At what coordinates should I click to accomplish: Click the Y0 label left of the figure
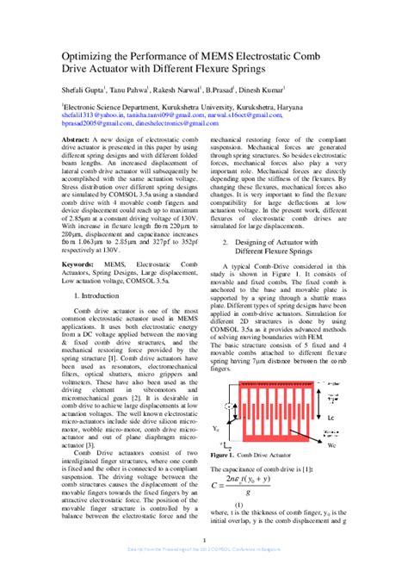click(x=216, y=426)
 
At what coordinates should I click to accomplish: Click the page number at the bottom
click(x=204, y=542)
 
